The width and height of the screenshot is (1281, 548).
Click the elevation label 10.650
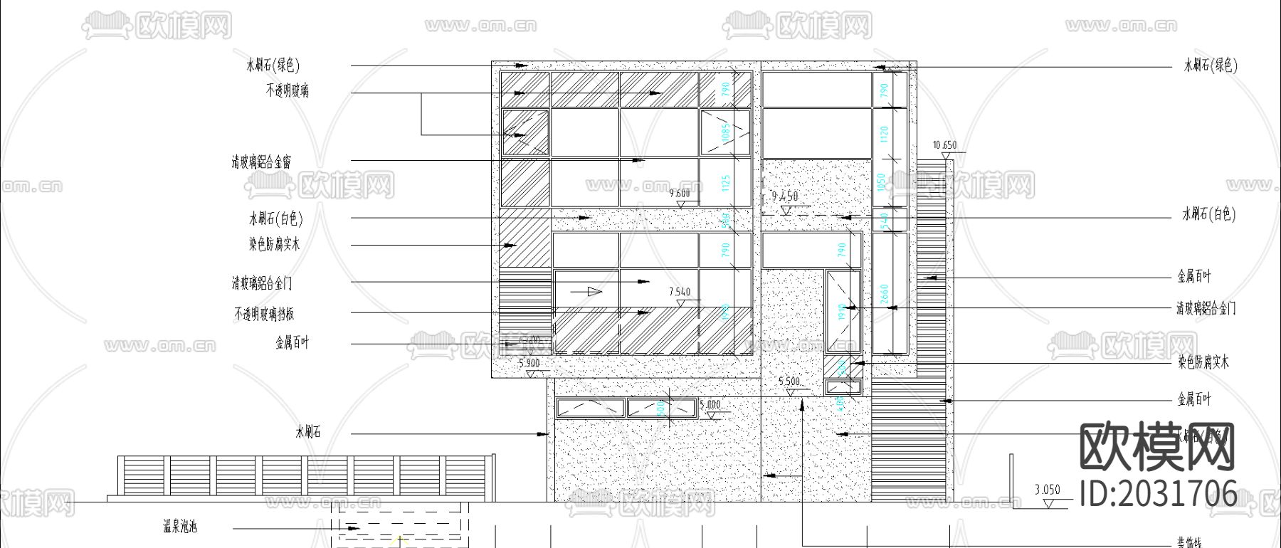coord(944,145)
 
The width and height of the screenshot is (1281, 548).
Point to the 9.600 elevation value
coord(680,193)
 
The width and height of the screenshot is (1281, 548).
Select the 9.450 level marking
coord(785,196)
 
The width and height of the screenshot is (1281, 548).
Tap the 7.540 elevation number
coord(680,292)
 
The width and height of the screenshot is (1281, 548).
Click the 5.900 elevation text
coord(529,363)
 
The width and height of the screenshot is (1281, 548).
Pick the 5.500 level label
coord(789,381)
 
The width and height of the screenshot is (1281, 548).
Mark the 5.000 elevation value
coord(710,405)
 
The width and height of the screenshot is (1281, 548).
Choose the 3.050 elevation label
coord(1047,490)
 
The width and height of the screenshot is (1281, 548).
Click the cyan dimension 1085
coord(726,132)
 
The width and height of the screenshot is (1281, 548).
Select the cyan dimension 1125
coord(726,183)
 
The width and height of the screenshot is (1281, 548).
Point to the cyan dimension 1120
coord(885,134)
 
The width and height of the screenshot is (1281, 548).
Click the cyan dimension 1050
coord(881,182)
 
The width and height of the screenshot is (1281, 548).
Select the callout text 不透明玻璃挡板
coord(264,314)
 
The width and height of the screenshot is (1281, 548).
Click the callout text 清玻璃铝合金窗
coord(261,162)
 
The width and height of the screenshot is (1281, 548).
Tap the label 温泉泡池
coord(179,527)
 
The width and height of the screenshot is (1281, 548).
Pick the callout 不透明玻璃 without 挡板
coord(288,90)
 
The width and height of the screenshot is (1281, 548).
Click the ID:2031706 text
coord(1158,493)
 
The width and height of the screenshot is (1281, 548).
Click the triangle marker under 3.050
coord(1048,503)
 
